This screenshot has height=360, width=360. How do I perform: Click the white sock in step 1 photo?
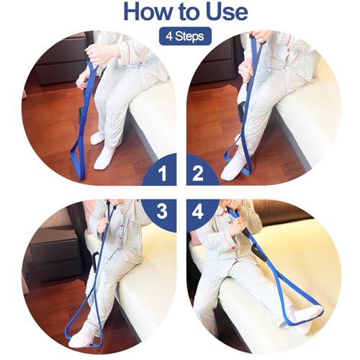tap(104, 155)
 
